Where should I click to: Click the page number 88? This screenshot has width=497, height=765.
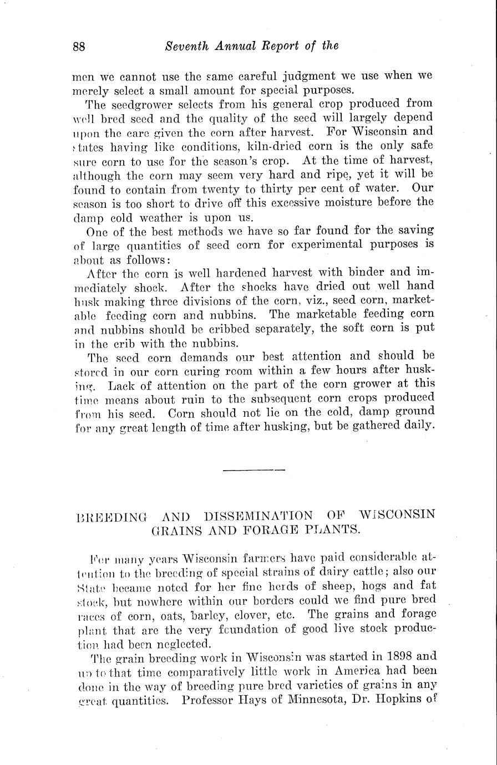point(79,47)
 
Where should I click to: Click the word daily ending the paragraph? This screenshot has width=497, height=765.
point(413,426)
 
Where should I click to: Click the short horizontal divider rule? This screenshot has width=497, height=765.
point(254,471)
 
